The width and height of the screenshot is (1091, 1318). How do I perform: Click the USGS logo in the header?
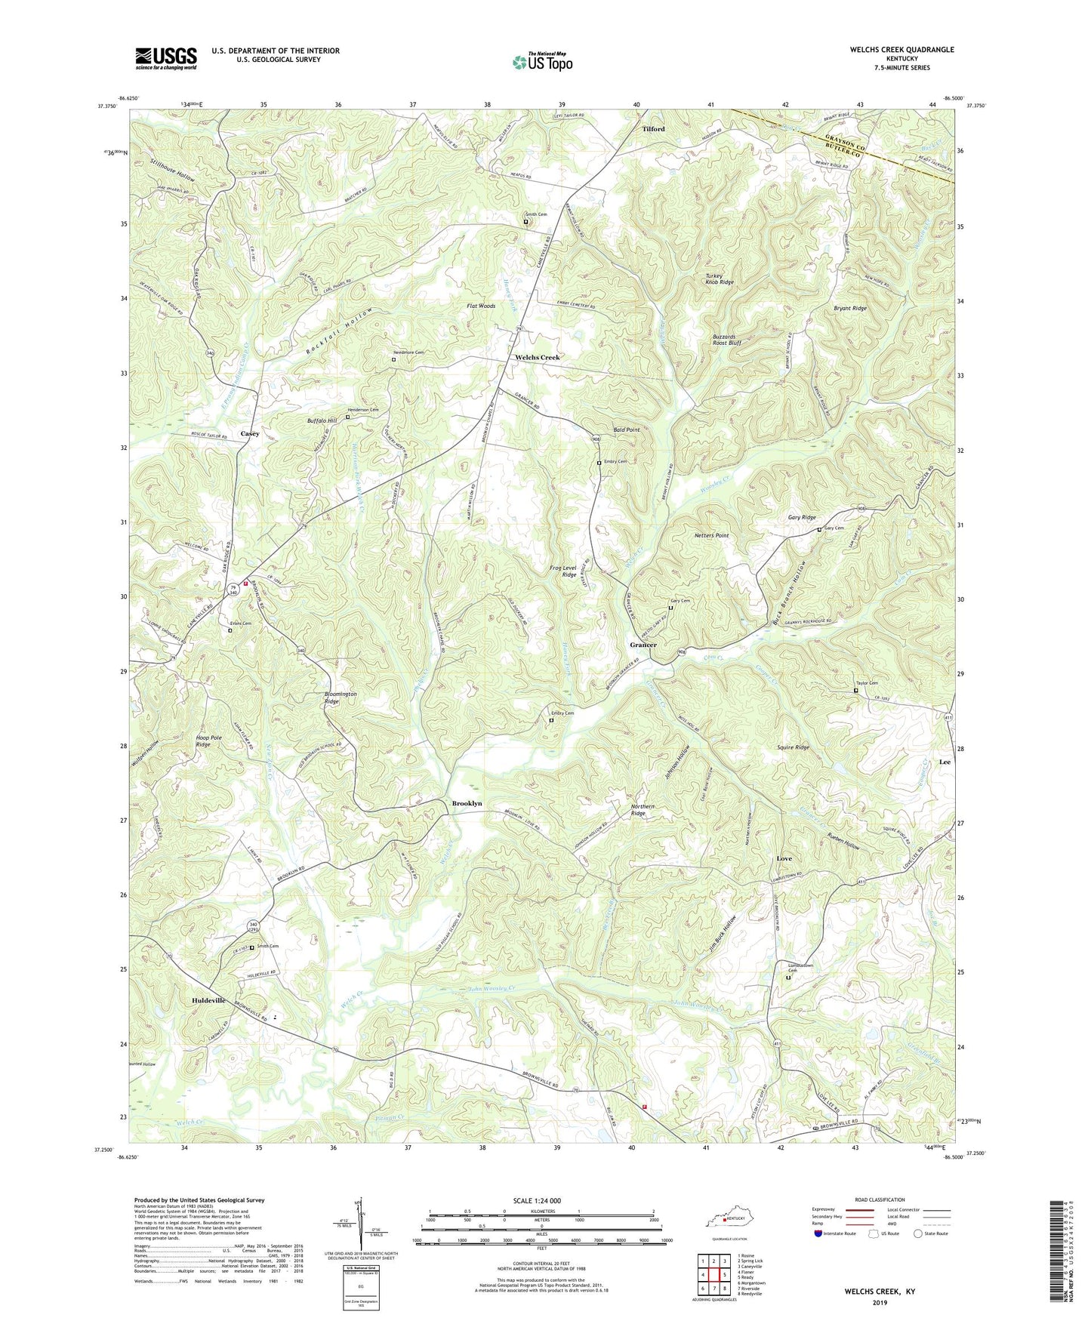(x=166, y=58)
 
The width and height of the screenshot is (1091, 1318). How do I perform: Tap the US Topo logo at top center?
(x=542, y=62)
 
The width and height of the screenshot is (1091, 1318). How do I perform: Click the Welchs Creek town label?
(x=538, y=357)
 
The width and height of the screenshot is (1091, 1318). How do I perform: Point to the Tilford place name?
(x=653, y=129)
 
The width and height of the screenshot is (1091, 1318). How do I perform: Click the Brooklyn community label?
(x=467, y=803)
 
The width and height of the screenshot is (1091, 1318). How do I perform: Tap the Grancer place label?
(x=643, y=645)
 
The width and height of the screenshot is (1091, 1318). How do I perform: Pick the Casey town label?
(x=250, y=434)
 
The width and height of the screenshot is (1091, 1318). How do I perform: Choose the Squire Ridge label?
(x=793, y=747)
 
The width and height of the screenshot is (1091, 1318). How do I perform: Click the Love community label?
(x=784, y=859)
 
